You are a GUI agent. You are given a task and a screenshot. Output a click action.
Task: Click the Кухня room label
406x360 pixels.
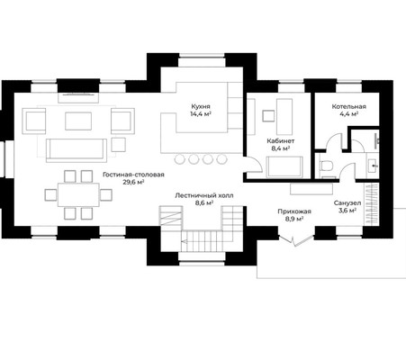(x=201, y=106)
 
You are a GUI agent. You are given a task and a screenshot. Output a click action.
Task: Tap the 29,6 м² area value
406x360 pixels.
(x=133, y=182)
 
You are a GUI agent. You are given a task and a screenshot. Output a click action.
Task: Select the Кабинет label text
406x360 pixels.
(x=281, y=140)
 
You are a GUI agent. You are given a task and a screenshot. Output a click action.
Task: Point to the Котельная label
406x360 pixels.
(x=348, y=106)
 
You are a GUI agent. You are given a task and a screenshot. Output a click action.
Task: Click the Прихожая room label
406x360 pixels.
(x=294, y=211)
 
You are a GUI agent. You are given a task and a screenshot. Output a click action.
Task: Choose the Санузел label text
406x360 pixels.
(x=347, y=203)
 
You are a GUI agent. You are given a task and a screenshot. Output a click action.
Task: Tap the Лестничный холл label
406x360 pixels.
(x=204, y=195)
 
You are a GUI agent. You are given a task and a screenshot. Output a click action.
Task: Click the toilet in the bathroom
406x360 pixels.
(x=326, y=166)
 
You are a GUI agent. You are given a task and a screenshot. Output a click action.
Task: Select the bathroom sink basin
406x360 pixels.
(x=373, y=165)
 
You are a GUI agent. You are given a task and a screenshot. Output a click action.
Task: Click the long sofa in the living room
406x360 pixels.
(x=77, y=150)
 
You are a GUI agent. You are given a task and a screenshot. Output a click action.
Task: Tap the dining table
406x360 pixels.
(x=78, y=194)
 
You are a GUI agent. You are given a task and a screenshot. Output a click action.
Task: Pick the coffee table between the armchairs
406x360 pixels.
(x=78, y=121)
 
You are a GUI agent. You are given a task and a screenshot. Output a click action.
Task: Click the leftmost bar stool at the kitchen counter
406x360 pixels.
(x=179, y=159)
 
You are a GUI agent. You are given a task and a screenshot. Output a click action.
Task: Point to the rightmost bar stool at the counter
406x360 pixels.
(x=221, y=159)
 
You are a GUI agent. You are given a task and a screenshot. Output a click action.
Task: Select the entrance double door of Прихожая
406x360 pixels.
(x=296, y=240)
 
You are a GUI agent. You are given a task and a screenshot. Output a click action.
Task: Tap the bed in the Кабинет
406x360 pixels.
(x=284, y=166)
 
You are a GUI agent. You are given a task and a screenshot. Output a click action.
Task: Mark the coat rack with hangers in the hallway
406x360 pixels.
(x=371, y=203)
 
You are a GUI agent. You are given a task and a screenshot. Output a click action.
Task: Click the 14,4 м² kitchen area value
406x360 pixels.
(x=201, y=113)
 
